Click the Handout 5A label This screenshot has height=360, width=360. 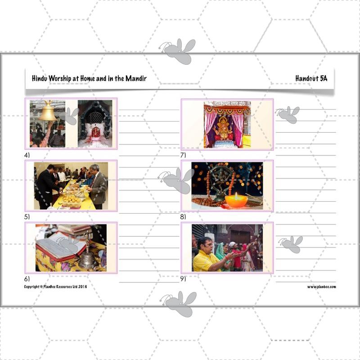click(x=311, y=78)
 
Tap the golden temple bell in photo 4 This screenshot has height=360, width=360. click(x=47, y=112)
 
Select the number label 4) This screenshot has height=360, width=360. click(x=27, y=155)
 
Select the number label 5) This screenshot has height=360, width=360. click(x=27, y=217)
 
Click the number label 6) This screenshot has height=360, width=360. click(x=27, y=279)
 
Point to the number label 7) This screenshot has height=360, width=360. click(x=183, y=155)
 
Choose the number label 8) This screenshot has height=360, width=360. click(x=183, y=217)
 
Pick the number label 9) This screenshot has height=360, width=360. click(x=183, y=279)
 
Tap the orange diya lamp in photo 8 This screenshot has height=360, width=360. click(x=236, y=201)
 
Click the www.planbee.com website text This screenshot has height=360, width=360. click(x=321, y=287)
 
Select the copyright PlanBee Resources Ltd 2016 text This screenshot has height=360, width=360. click(x=55, y=287)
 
